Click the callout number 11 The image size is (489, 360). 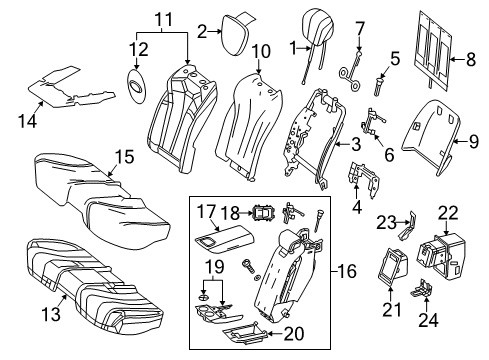[x=165, y=20]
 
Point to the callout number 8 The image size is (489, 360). [x=470, y=60]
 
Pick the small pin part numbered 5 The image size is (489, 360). [x=379, y=86]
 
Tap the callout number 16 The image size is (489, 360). [x=347, y=271]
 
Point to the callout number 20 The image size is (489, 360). [x=294, y=333]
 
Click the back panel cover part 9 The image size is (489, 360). [x=432, y=135]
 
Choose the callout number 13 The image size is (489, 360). [x=51, y=314]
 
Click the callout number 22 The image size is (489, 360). [x=448, y=213]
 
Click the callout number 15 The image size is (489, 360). [x=125, y=156]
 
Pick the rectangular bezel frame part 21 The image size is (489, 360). [x=392, y=267]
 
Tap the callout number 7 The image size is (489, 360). [x=360, y=28]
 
